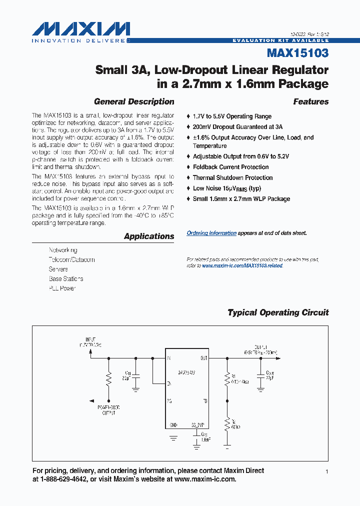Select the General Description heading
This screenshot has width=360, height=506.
(x=134, y=101)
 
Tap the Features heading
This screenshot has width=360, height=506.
(x=310, y=101)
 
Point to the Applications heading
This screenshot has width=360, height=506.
(x=149, y=236)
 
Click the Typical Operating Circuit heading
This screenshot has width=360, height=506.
(x=278, y=312)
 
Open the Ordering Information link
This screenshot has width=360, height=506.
(x=211, y=233)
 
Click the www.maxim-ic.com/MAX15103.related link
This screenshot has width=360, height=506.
(x=242, y=266)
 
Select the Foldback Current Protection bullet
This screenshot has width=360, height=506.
(x=230, y=167)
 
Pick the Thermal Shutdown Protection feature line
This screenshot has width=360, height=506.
(x=232, y=177)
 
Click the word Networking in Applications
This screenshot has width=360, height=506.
(x=63, y=250)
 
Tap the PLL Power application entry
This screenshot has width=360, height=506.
(x=62, y=288)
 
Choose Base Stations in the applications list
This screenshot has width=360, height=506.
(x=66, y=279)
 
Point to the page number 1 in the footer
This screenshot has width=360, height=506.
(x=326, y=472)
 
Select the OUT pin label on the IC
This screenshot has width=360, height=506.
(x=203, y=358)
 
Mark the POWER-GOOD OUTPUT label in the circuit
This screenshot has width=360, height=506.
(x=108, y=410)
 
